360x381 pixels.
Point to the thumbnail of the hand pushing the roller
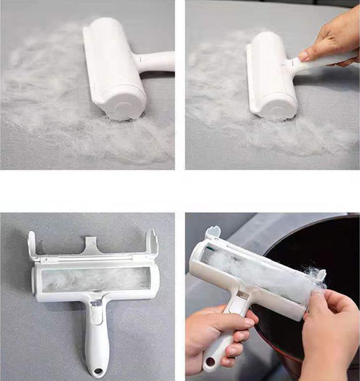(305, 55)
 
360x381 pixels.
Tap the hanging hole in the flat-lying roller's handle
(98, 371)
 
